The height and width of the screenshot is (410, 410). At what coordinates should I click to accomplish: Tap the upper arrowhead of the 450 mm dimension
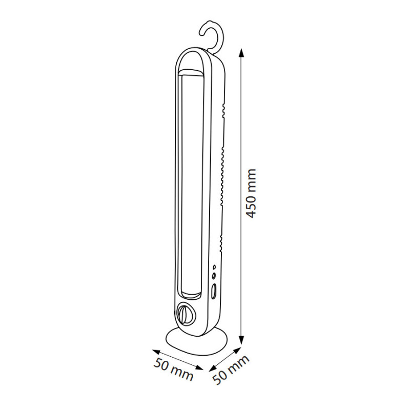coord(242,53)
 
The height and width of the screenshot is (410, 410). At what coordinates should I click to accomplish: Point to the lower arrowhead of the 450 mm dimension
coord(242,341)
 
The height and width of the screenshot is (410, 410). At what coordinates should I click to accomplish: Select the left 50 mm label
coord(173,369)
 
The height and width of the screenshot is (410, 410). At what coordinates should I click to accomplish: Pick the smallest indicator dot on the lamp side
coord(214,267)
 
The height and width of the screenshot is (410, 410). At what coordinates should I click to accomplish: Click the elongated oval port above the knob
coord(214,291)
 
